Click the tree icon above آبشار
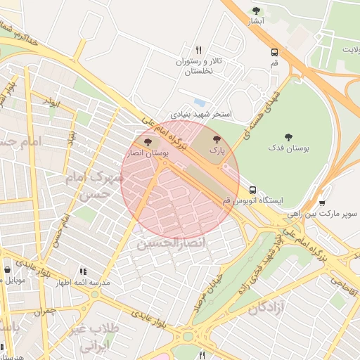point(256,11)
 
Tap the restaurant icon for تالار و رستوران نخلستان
point(199,50)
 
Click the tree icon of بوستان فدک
point(288,136)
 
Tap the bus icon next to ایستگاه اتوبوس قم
point(252,190)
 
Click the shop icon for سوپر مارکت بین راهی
point(321,203)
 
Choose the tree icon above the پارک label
point(217,139)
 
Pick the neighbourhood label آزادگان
point(266,307)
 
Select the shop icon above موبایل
point(7,269)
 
